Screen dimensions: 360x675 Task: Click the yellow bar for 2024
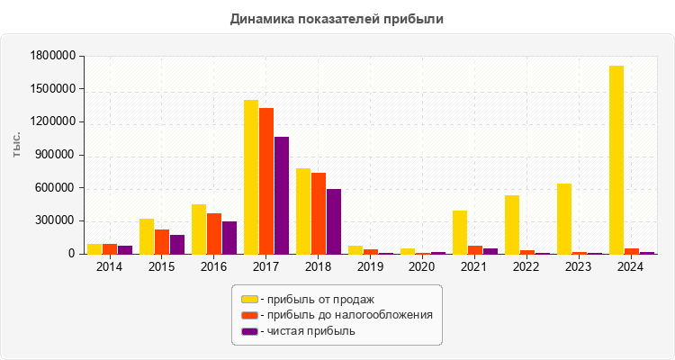tap(616, 160)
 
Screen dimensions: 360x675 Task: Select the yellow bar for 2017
tap(251, 177)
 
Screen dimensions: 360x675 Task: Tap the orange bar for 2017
tap(266, 181)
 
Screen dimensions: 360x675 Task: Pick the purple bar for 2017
tap(282, 195)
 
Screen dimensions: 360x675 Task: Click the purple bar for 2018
tap(334, 221)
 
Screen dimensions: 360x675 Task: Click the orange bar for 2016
tap(214, 234)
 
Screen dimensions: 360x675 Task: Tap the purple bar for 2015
tap(177, 245)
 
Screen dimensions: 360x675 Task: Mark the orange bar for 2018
tap(319, 213)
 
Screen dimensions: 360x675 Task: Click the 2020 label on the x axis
tap(422, 267)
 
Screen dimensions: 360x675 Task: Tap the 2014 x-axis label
tap(110, 267)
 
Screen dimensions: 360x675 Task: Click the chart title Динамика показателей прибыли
tap(337, 18)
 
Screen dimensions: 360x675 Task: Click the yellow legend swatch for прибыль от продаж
tap(249, 299)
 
